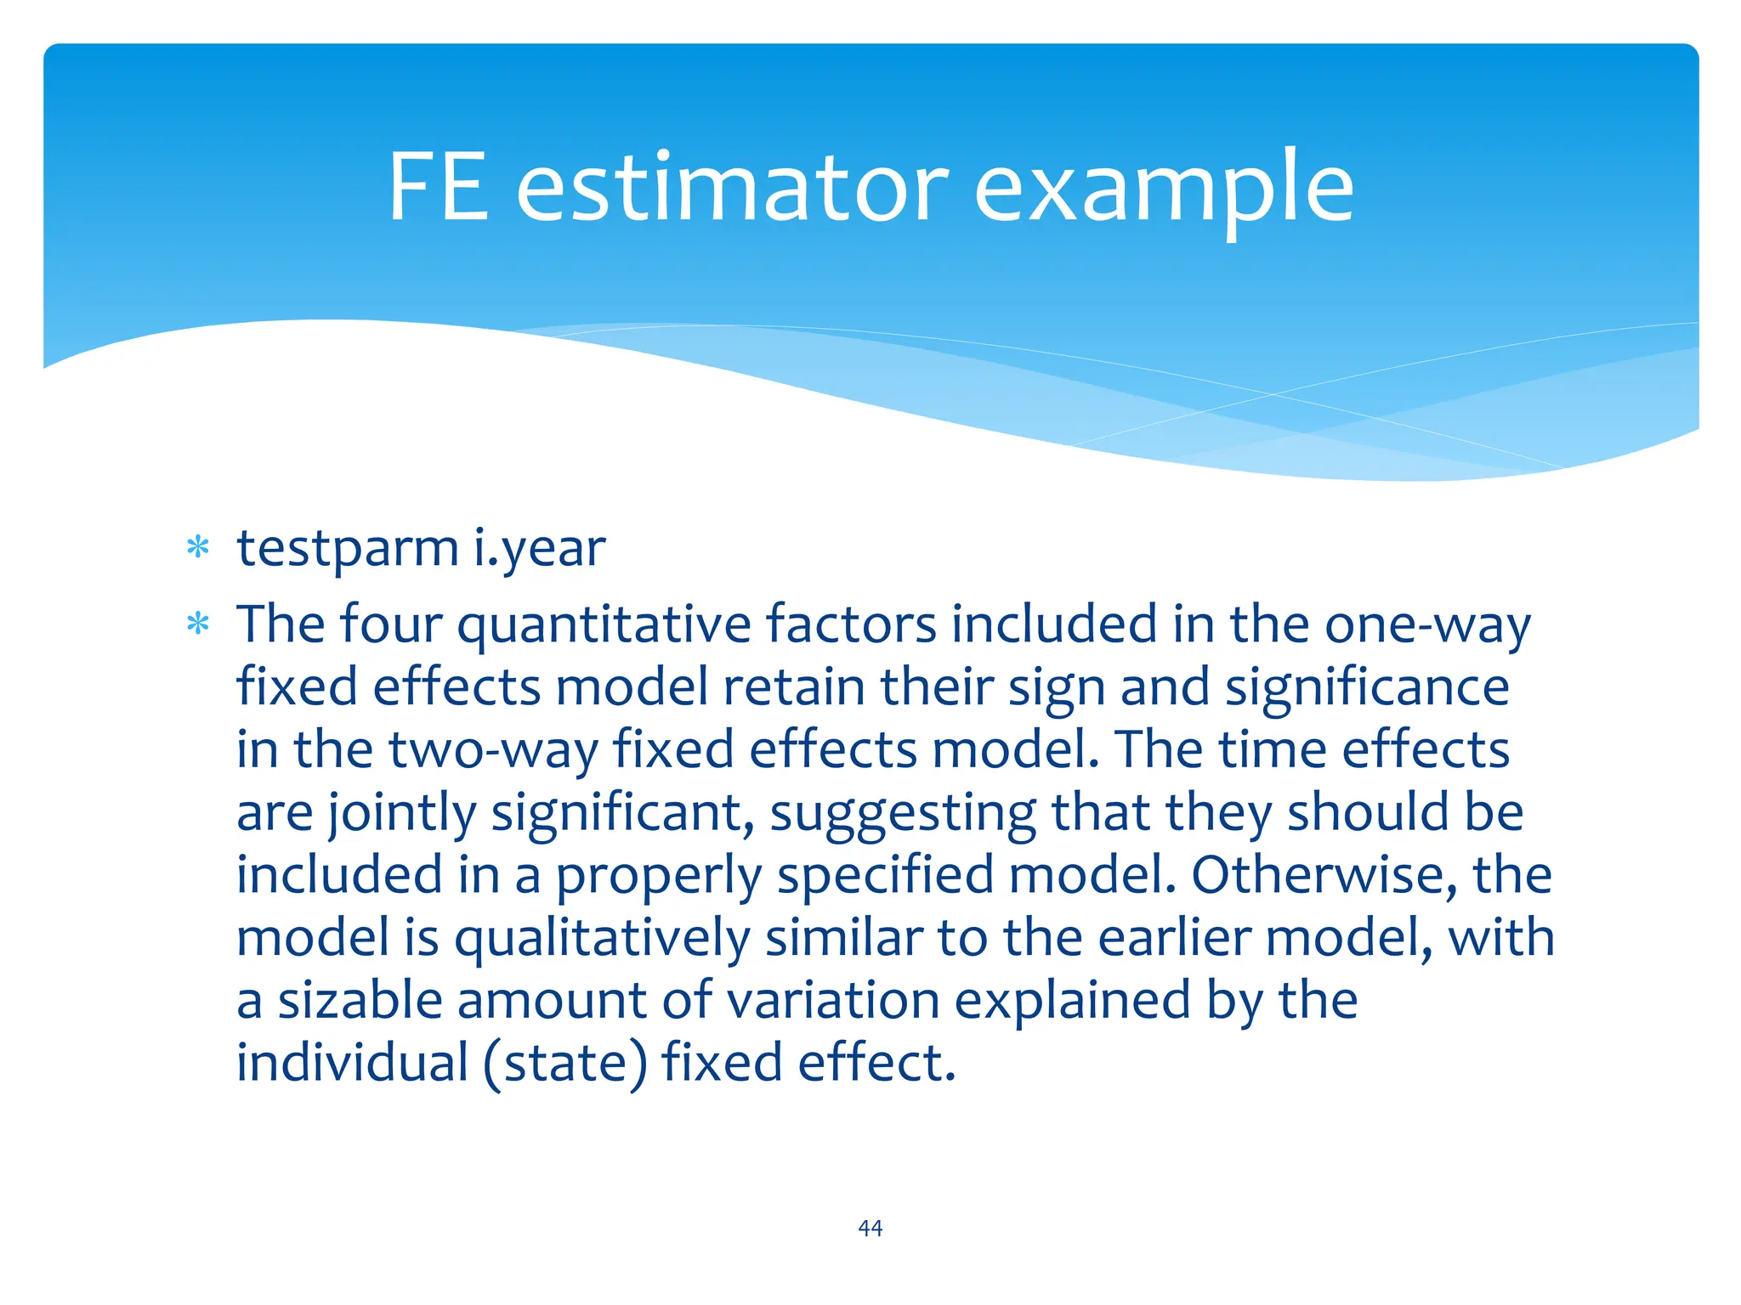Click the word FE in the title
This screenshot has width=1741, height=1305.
(x=438, y=187)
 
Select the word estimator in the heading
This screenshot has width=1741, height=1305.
(x=732, y=187)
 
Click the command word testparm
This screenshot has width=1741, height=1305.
(x=348, y=549)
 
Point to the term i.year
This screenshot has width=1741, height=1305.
(x=539, y=549)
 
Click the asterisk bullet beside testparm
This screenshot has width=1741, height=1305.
(x=198, y=548)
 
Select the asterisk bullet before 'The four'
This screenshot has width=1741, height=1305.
(x=198, y=625)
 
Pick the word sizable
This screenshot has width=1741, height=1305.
(x=360, y=1001)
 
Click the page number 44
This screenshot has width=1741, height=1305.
(x=870, y=1228)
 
